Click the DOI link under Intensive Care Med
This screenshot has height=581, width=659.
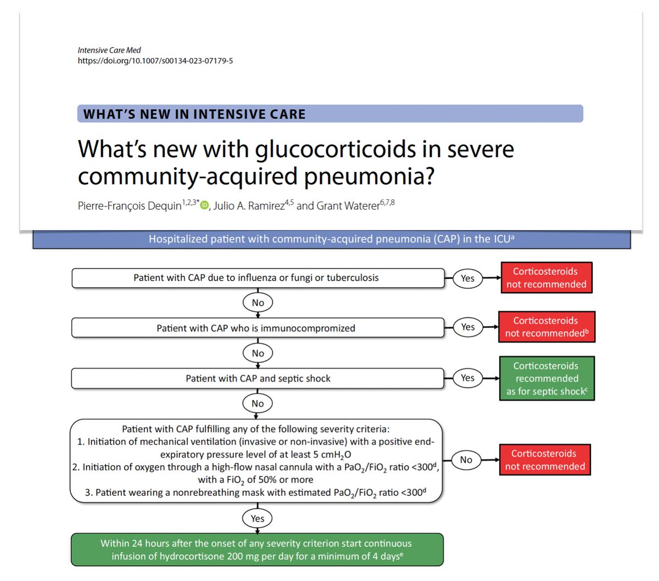coord(155,60)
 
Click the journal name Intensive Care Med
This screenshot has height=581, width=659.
coord(109,50)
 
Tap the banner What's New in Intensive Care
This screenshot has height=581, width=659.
coord(329,114)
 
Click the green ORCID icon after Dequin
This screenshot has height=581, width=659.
coord(204,205)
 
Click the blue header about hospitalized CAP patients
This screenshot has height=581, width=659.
coord(331,239)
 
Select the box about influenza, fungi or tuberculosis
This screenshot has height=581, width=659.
coord(258,278)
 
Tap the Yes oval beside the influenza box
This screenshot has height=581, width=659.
coord(467,278)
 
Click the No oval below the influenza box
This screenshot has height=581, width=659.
coord(258,303)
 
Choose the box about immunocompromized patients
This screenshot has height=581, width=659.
coord(258,328)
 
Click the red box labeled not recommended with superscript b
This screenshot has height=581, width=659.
coord(546,327)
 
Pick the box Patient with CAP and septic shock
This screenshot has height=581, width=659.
coord(258,378)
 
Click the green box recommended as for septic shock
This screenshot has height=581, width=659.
coord(546,378)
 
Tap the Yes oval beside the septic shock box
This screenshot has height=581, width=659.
coord(467,378)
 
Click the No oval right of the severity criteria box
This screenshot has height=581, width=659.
coord(466,460)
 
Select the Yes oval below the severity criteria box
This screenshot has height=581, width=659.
coord(257,518)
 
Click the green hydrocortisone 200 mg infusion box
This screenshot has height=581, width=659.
coord(256,550)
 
